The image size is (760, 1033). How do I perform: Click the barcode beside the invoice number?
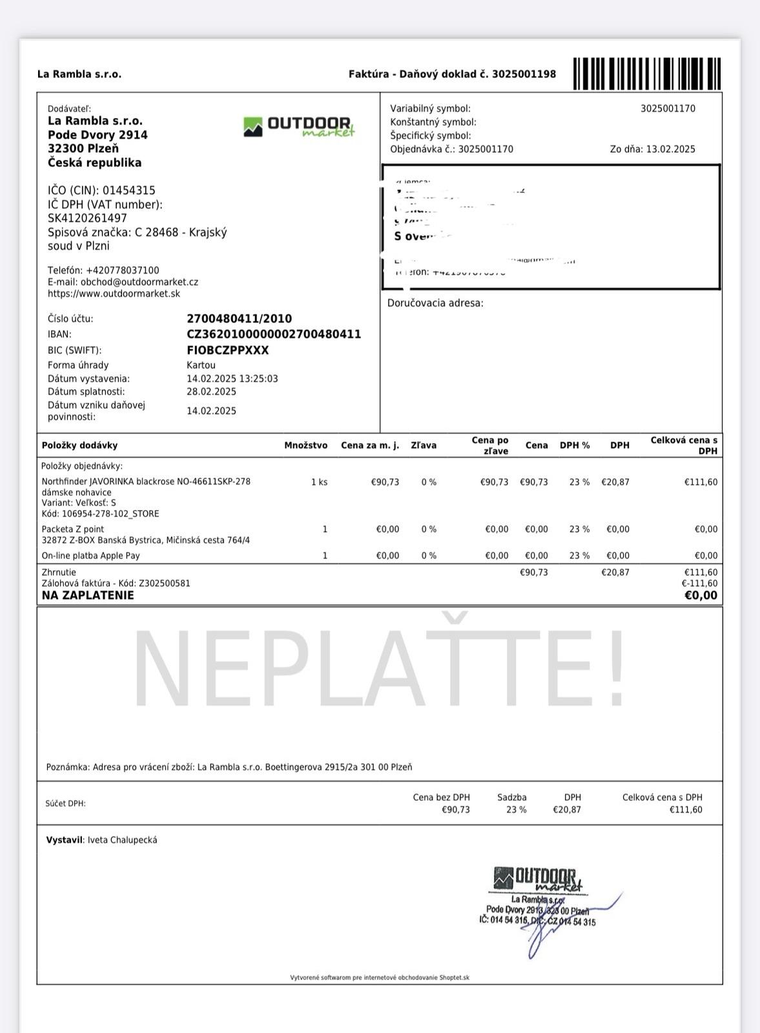pyautogui.click(x=647, y=74)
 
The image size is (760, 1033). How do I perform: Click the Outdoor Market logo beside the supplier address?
pyautogui.click(x=299, y=127)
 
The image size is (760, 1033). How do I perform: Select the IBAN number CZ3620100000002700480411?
pyautogui.click(x=274, y=334)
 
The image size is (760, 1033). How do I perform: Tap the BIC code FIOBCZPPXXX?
pyautogui.click(x=227, y=351)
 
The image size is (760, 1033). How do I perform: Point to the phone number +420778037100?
pyautogui.click(x=122, y=271)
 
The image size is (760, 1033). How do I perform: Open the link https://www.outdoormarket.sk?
pyautogui.click(x=114, y=294)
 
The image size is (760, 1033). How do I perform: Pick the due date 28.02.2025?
pyautogui.click(x=211, y=392)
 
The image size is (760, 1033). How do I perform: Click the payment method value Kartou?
pyautogui.click(x=201, y=365)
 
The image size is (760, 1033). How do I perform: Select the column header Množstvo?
pyautogui.click(x=305, y=445)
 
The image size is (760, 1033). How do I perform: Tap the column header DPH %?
pyautogui.click(x=574, y=445)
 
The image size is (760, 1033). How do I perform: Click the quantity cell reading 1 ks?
pyautogui.click(x=319, y=482)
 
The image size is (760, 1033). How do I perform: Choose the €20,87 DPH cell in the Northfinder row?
pyautogui.click(x=615, y=482)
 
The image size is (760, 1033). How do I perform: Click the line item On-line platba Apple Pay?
pyautogui.click(x=90, y=556)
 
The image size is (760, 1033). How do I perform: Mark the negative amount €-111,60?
pyautogui.click(x=699, y=584)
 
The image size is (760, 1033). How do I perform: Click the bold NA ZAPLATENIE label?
pyautogui.click(x=88, y=595)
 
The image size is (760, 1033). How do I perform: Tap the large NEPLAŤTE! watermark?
pyautogui.click(x=380, y=668)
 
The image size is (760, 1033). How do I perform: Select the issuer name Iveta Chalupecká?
pyautogui.click(x=122, y=840)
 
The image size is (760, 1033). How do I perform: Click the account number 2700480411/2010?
pyautogui.click(x=239, y=319)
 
